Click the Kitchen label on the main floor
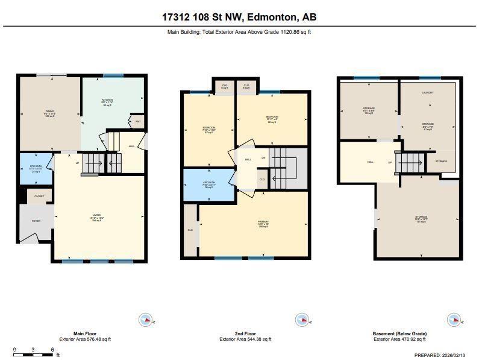[107, 100]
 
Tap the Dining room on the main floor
[49, 112]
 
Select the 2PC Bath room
[36, 169]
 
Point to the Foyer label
[36, 221]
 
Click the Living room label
[96, 218]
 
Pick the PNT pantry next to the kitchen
[137, 122]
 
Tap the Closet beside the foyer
[39, 196]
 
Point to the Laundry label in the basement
[428, 93]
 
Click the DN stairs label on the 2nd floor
[263, 159]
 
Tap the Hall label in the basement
[371, 162]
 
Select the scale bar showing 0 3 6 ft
[33, 353]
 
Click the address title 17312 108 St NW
[239, 17]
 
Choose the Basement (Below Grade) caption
[400, 333]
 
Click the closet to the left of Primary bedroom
[190, 230]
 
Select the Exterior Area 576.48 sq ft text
[84, 339]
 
